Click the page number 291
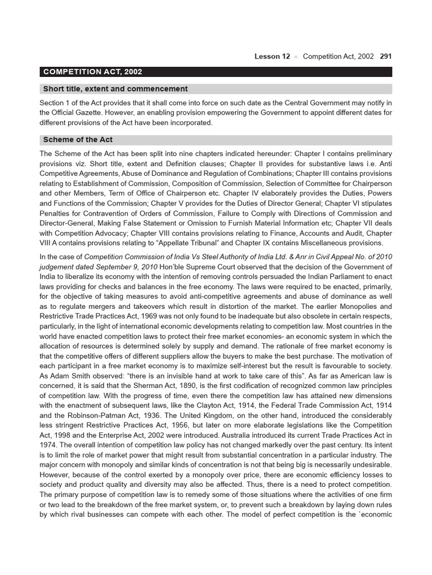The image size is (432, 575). [x=386, y=57]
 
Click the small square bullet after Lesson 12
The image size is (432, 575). [x=297, y=57]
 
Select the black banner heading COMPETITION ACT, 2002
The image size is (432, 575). [x=93, y=72]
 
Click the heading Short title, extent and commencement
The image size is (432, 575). [x=115, y=89]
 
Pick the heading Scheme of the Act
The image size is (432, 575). [x=78, y=140]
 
